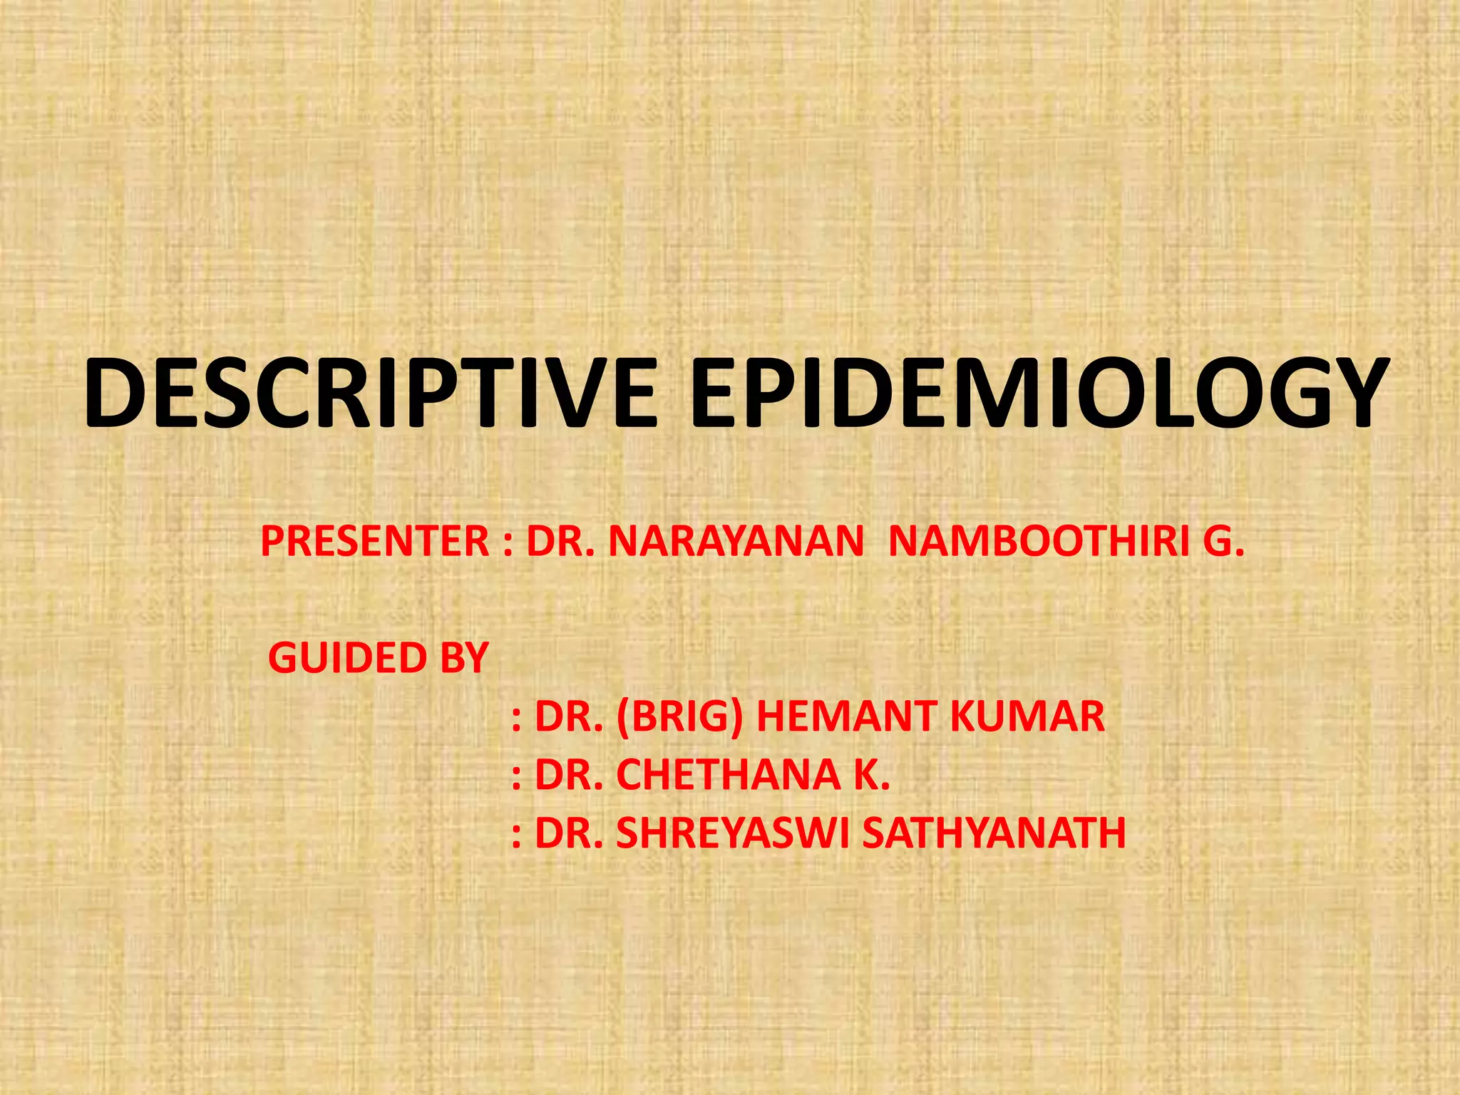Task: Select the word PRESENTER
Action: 375,541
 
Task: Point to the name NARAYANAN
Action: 736,541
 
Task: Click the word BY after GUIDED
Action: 464,657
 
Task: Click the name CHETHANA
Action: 728,775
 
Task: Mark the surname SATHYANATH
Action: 994,833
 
